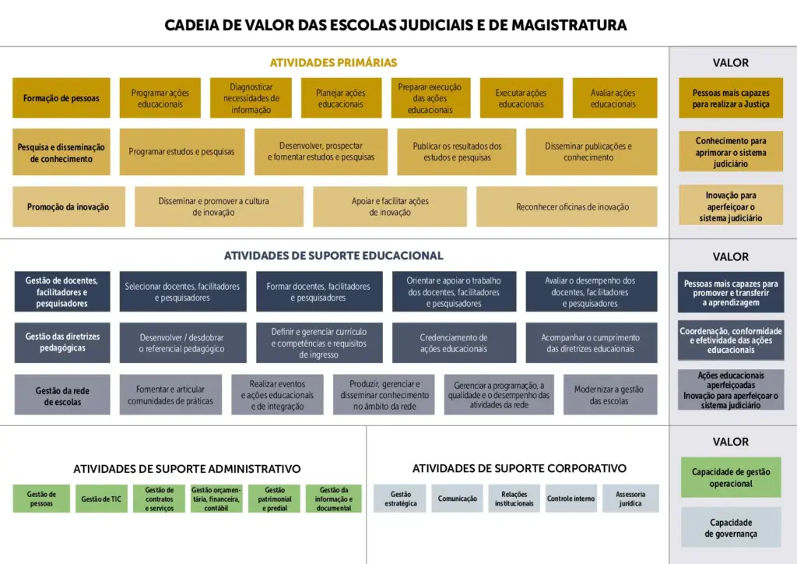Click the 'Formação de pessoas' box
tap(61, 98)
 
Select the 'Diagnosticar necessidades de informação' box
tap(251, 98)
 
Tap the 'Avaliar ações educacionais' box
tap(615, 98)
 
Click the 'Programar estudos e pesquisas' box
tap(182, 152)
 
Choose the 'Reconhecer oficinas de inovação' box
tap(567, 206)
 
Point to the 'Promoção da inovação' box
tap(68, 206)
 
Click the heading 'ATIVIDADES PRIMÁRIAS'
tap(333, 62)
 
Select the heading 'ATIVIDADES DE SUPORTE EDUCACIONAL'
tap(333, 256)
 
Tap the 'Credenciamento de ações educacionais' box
tap(454, 343)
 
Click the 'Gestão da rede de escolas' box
tap(62, 395)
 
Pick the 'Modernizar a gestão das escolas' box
tap(610, 395)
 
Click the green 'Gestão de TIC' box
tap(102, 499)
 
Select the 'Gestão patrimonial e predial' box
tap(275, 499)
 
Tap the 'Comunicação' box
tap(458, 499)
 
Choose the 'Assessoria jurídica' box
tap(630, 499)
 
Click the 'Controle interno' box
tap(571, 499)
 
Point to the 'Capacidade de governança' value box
tap(731, 527)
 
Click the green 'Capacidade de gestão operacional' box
tap(731, 477)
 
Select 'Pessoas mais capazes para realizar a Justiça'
tap(731, 98)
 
